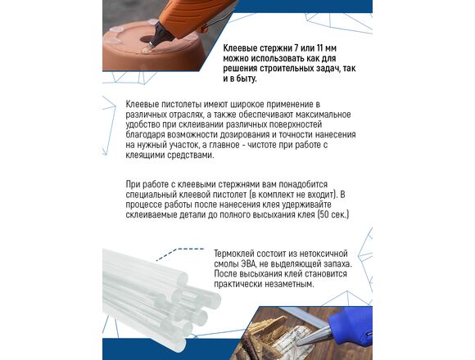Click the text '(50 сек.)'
pos(333,215)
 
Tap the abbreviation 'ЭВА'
pos(250,263)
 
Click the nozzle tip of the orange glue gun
pos(152,45)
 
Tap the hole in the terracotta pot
pos(147,39)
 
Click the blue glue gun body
pos(352,324)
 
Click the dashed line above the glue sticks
pos(180,252)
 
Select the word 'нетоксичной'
pos(321,254)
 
